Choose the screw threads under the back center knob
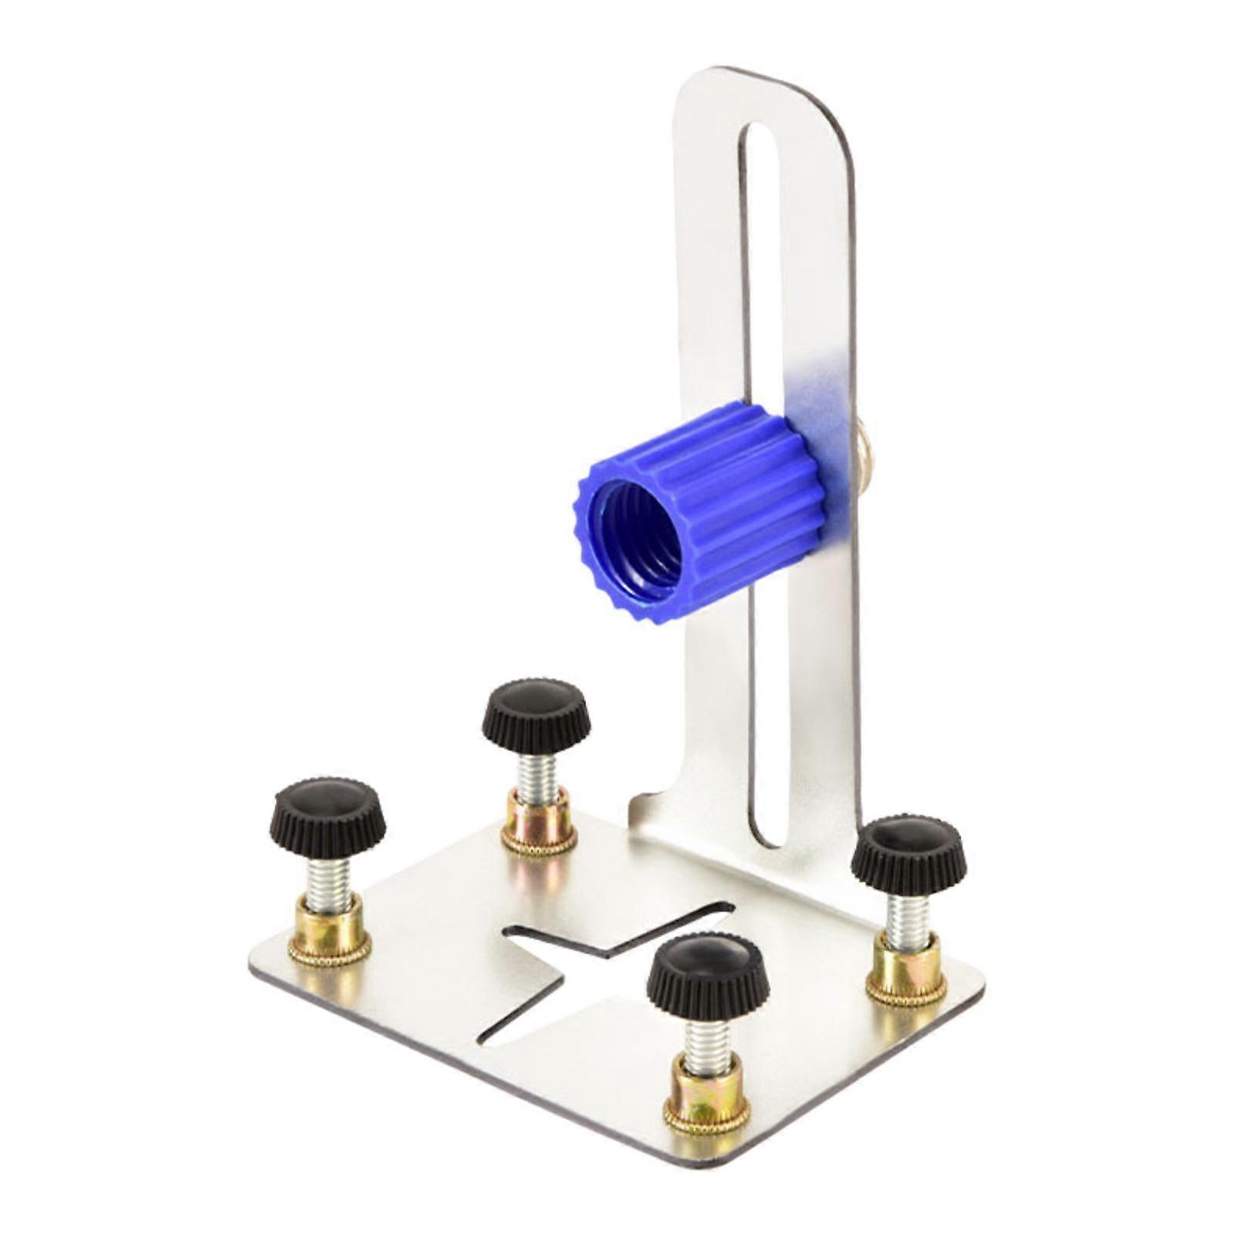[537, 776]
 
